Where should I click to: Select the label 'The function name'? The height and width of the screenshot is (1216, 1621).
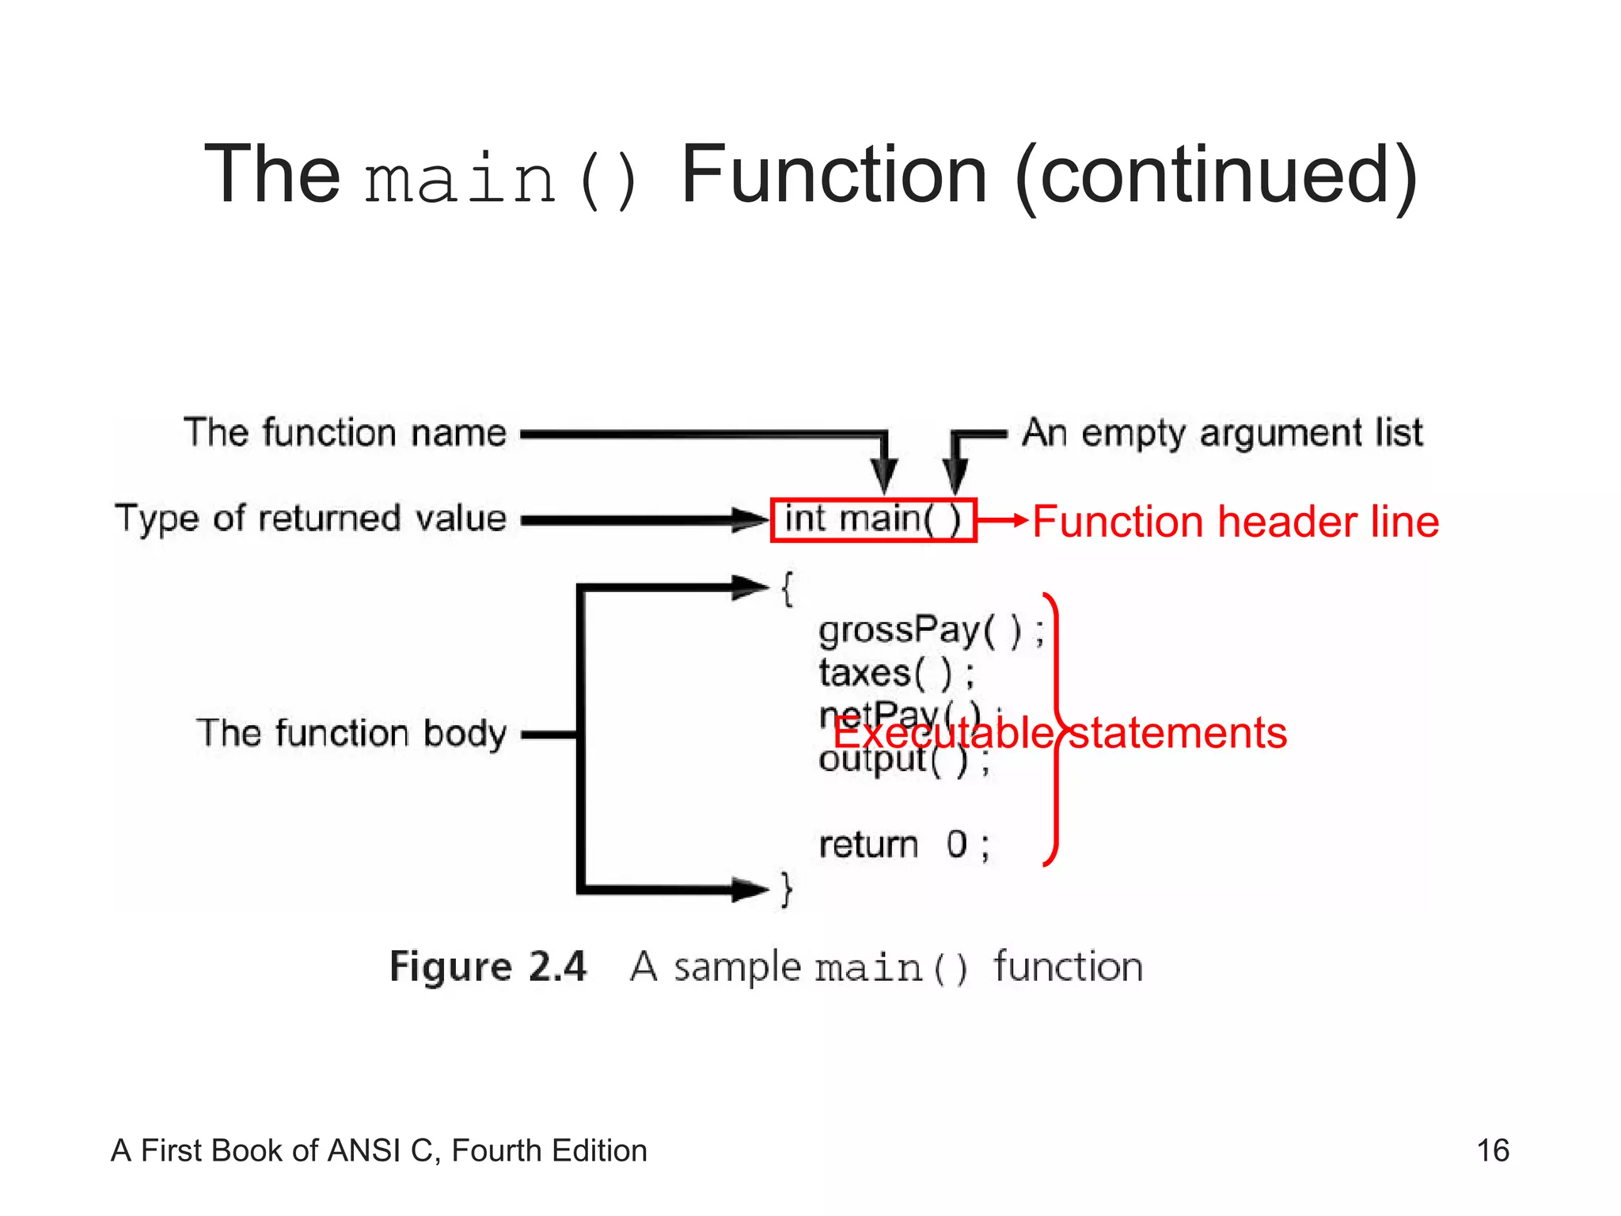345,433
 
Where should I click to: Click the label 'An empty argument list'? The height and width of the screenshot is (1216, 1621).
1222,433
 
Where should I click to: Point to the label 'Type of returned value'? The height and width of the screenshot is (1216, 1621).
310,519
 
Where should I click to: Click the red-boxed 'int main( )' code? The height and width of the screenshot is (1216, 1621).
873,520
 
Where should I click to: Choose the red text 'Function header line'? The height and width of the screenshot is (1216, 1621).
1236,522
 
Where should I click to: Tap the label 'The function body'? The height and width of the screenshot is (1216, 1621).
351,733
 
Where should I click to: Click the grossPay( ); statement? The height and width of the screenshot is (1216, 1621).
931,631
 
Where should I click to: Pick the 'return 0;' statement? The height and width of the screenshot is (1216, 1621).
903,845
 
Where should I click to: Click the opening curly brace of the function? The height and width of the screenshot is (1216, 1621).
787,588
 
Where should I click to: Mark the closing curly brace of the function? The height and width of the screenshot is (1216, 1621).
786,889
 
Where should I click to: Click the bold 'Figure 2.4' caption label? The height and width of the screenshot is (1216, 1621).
488,967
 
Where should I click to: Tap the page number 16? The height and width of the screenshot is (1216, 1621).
1493,1150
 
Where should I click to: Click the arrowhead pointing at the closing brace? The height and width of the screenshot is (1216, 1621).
749,889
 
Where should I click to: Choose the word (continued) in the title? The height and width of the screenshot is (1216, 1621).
1217,176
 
